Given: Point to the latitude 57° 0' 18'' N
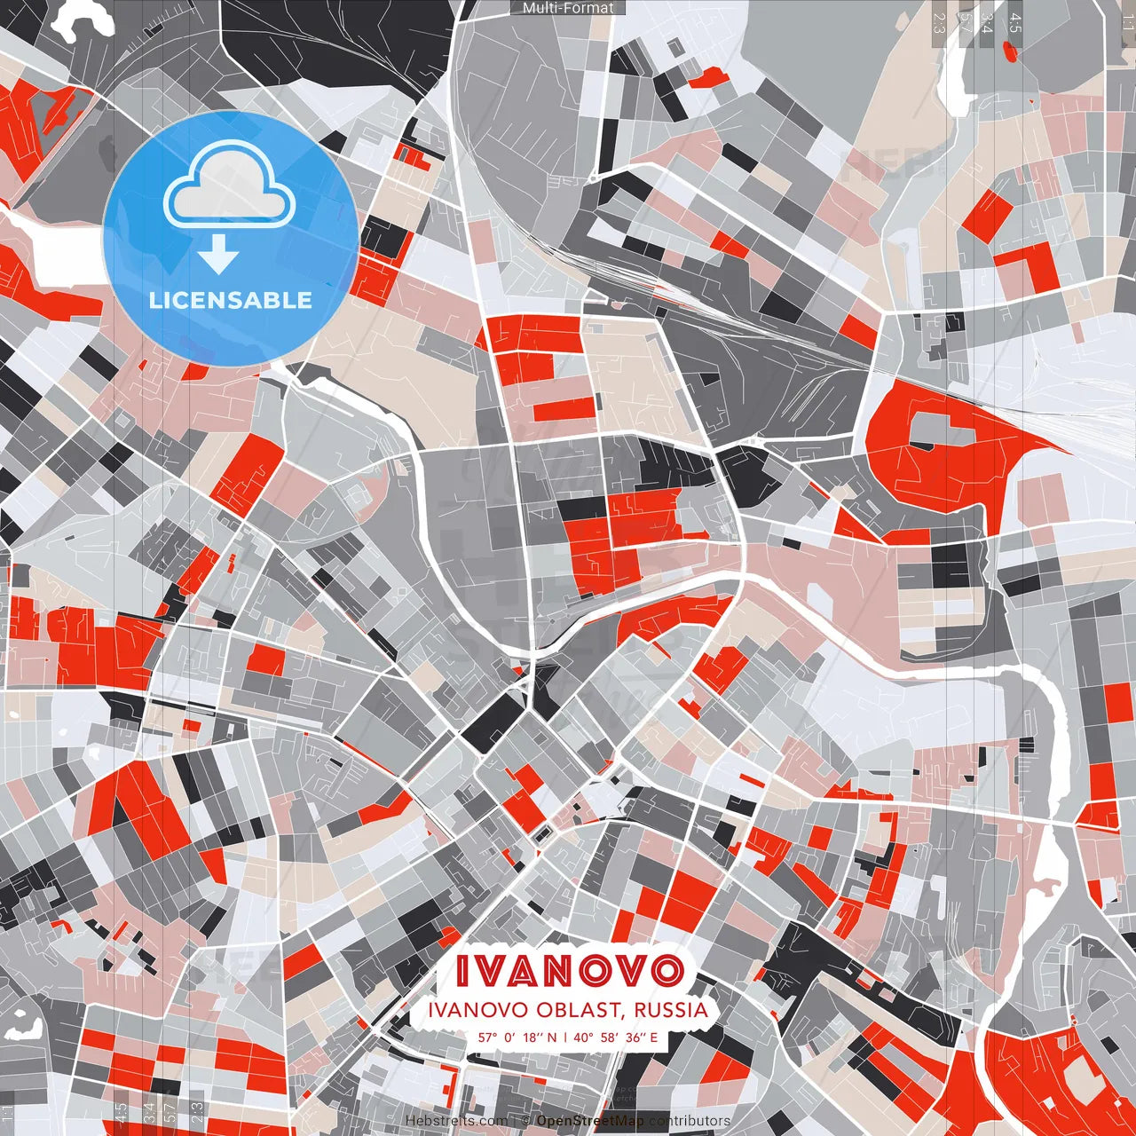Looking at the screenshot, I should pos(517,1037).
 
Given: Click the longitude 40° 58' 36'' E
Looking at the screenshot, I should pos(616,1037).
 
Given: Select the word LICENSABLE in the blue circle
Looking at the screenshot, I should pos(231,300).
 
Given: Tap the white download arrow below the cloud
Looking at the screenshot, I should pos(218,255).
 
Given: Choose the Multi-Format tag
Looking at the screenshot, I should pos(568,8).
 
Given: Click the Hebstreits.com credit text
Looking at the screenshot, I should pos(457,1121).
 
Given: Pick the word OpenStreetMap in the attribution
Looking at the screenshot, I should pos(590,1121).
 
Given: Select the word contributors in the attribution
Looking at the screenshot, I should pos(690,1121).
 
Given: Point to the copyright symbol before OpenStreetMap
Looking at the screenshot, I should pos(525,1121).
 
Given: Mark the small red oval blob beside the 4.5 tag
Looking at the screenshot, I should pos(1011,51).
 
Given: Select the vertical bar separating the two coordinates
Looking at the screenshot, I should pos(565,1037).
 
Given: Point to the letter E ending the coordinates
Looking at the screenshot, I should pos(654,1037).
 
